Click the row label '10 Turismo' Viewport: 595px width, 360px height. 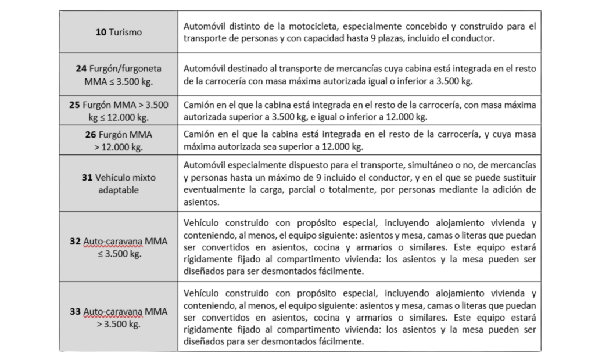click(x=119, y=33)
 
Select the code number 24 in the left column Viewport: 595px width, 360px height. click(x=81, y=69)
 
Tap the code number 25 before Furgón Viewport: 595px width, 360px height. click(x=74, y=105)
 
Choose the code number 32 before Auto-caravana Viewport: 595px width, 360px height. click(x=75, y=241)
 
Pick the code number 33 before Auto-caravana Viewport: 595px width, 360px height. click(x=75, y=312)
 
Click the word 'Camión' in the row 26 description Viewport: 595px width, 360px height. click(x=198, y=135)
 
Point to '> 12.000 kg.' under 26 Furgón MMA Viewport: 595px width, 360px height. click(x=119, y=147)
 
